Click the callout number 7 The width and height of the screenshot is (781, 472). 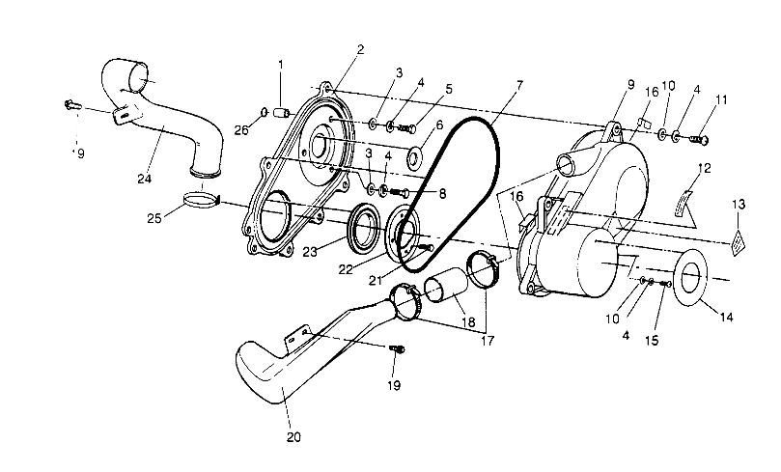coord(518,85)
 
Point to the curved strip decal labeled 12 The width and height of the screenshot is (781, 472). coord(694,199)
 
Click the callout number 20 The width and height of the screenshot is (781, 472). coord(293,436)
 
